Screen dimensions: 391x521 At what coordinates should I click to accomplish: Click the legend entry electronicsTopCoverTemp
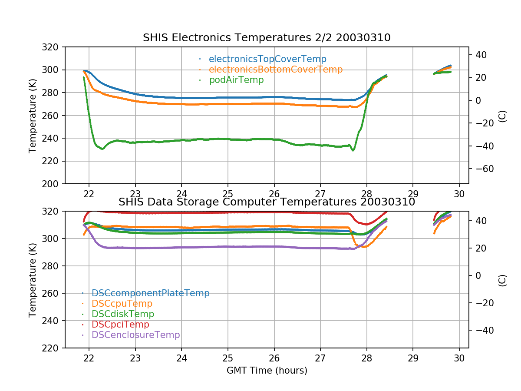267,59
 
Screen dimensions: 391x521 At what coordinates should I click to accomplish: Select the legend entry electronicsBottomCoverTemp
276,70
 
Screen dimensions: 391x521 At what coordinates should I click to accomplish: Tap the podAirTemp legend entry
236,80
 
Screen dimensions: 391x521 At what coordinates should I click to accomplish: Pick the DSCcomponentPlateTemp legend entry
150,293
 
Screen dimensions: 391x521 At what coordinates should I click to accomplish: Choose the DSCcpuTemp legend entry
122,304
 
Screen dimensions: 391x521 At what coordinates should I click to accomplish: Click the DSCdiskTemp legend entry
123,314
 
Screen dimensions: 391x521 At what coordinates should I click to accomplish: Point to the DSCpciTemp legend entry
120,325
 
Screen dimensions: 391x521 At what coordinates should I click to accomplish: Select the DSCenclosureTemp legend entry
136,335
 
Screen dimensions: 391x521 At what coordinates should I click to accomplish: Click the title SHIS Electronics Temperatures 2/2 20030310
267,38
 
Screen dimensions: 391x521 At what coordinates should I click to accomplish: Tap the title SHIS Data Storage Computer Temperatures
267,202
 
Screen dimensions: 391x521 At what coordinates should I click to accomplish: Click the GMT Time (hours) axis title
267,371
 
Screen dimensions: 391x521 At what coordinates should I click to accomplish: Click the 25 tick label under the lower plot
228,358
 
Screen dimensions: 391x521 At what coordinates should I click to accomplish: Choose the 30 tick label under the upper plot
459,194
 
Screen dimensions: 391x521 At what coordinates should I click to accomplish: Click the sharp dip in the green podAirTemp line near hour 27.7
353,150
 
